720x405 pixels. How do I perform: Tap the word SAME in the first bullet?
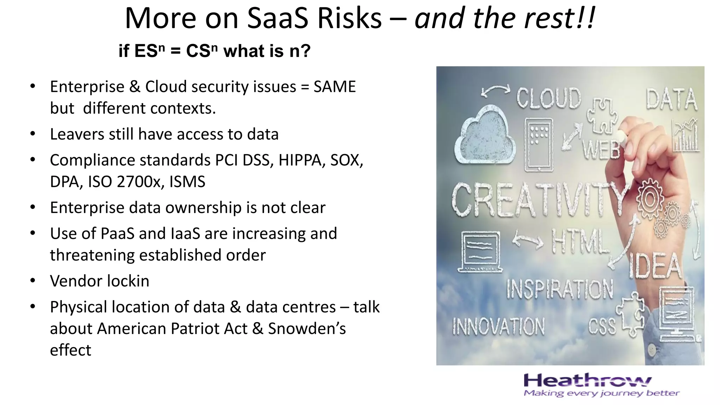[334, 87]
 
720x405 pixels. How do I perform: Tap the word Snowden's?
[307, 329]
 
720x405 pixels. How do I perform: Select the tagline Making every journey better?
[601, 393]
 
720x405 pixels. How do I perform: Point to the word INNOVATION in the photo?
[499, 326]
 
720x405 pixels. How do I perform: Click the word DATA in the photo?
[671, 100]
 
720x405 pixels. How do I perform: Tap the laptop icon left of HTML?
[480, 252]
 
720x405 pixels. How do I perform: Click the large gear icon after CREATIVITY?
[650, 199]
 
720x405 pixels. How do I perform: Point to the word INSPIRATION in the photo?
[560, 289]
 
